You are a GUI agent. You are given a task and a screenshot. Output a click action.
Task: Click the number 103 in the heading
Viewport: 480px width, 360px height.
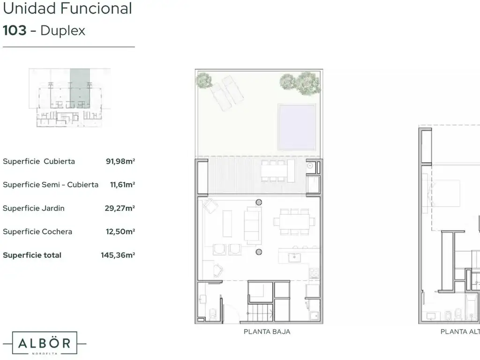tap(15, 30)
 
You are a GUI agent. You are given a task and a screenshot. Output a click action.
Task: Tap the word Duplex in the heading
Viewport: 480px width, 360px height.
tap(63, 31)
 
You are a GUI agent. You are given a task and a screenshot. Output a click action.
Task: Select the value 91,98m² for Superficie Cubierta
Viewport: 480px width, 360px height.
tap(120, 161)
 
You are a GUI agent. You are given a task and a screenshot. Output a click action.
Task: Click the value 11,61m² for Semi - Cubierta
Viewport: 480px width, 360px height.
tap(122, 185)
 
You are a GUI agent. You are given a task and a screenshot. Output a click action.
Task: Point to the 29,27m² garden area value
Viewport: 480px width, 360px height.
tap(120, 208)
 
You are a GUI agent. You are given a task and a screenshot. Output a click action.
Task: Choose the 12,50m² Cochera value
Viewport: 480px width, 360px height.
tap(120, 232)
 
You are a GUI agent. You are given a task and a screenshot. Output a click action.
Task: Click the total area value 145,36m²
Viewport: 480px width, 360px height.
tap(118, 255)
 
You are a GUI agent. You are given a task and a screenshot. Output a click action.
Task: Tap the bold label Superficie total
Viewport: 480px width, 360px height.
tap(32, 255)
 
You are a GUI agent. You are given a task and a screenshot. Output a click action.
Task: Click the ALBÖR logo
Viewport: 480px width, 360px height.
tap(45, 343)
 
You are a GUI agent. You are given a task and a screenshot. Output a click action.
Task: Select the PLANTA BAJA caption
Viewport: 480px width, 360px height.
tap(267, 332)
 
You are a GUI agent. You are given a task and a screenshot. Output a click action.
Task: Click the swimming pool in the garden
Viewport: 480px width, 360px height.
tap(297, 127)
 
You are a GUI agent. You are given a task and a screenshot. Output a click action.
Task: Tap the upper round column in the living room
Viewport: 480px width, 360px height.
tap(259, 202)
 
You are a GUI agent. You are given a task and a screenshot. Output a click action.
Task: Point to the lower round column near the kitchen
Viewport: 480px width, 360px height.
tap(259, 252)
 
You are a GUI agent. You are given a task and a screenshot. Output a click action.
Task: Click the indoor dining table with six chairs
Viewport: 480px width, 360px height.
tap(294, 222)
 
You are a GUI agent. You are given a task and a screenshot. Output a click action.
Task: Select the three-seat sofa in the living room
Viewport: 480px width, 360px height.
tap(253, 225)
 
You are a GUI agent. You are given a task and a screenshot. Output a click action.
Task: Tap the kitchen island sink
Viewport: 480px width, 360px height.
tap(294, 257)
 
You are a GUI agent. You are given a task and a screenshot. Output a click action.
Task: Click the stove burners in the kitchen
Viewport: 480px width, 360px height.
tap(314, 273)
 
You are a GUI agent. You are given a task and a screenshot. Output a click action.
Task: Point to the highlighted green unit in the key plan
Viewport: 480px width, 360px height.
tap(80, 88)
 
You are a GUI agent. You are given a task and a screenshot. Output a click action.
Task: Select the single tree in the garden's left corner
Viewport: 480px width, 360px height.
tap(204, 80)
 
